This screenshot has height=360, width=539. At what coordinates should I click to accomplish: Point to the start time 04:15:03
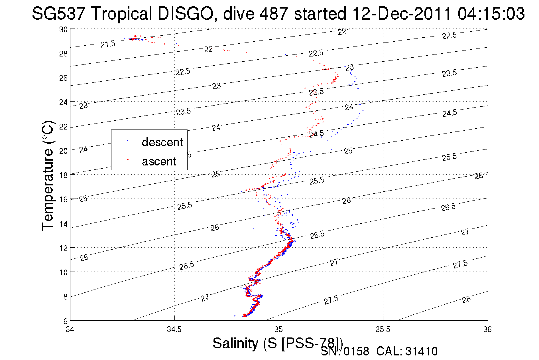tap(491, 13)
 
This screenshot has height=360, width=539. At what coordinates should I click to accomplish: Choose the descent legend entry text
tap(162, 142)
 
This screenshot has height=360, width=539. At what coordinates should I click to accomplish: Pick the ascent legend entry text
tap(159, 161)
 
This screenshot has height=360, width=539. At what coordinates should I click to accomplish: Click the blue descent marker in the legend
tap(128, 140)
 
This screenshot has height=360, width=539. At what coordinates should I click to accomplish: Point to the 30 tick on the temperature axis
tap(63, 29)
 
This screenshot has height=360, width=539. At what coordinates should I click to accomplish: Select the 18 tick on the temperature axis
tap(63, 175)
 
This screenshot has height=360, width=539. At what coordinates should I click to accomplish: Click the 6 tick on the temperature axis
tap(65, 321)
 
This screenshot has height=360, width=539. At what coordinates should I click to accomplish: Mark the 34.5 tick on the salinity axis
tap(174, 329)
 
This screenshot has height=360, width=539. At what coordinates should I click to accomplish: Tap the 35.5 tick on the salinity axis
tap(383, 329)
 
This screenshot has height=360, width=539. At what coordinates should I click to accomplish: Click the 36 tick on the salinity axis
tap(487, 329)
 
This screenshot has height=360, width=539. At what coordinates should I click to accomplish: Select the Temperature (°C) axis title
tap(48, 175)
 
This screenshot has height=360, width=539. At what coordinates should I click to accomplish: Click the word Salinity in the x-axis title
tap(235, 343)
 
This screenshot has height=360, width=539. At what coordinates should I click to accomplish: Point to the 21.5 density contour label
tap(108, 44)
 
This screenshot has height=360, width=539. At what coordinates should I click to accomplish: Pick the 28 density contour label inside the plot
tap(466, 299)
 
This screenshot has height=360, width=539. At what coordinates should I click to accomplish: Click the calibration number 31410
tap(421, 351)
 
